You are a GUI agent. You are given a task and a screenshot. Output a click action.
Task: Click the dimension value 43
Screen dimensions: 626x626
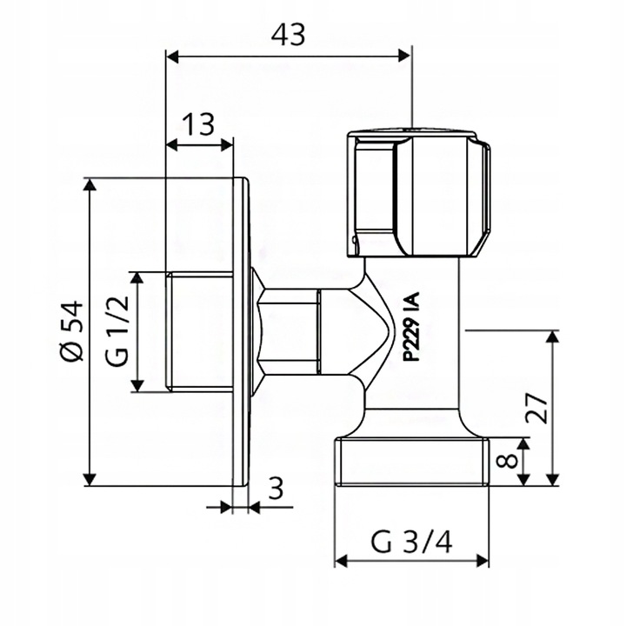(x=288, y=34)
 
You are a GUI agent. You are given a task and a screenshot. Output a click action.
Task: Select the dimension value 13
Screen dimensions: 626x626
(x=199, y=124)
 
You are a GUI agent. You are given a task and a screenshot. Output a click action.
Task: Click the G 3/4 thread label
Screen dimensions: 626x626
(x=411, y=542)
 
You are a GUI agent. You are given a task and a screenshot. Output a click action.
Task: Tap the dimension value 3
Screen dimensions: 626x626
(x=276, y=489)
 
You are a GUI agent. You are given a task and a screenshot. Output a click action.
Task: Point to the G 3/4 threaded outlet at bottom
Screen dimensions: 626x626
(x=411, y=462)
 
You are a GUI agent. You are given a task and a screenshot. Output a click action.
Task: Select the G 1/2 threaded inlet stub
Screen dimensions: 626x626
(x=199, y=331)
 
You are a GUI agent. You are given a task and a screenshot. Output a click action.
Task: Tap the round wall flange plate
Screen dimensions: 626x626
(x=242, y=331)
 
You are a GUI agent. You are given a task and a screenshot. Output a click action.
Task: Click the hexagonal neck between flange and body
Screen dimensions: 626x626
(x=291, y=331)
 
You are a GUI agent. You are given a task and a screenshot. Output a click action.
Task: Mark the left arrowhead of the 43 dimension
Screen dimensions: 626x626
(x=172, y=57)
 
